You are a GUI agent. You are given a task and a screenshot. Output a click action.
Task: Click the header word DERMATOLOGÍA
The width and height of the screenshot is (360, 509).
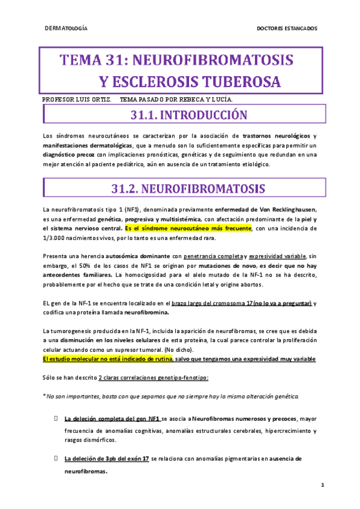[x=67, y=28]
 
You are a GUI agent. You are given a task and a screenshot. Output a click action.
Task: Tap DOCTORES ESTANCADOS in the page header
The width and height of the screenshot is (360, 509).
[x=287, y=28]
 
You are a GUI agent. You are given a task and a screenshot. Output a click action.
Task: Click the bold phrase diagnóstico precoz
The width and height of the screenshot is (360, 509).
[x=66, y=155]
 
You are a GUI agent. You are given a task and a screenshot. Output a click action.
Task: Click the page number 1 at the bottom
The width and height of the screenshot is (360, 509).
[x=322, y=485]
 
